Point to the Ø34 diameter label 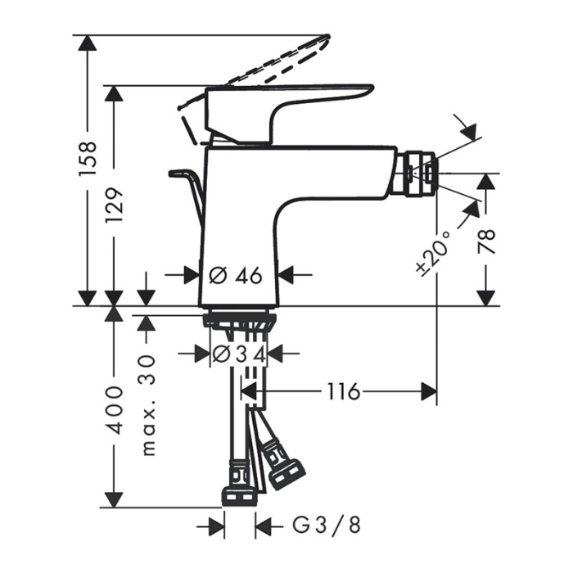tap(237, 354)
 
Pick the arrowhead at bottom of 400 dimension tap(114, 499)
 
